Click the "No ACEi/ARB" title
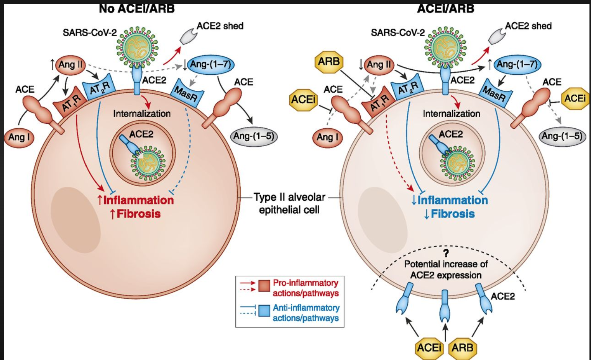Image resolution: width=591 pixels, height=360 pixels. click(136, 8)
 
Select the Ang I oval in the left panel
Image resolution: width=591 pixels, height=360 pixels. click(19, 137)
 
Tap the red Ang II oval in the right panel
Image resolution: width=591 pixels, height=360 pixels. click(379, 65)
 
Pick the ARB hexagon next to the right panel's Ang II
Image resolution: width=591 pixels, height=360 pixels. click(329, 61)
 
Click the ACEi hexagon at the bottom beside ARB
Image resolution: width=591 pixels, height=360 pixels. click(429, 347)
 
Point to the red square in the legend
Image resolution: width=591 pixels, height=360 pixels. click(264, 286)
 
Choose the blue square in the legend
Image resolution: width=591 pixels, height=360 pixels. click(264, 311)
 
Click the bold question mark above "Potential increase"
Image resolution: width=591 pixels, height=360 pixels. click(446, 253)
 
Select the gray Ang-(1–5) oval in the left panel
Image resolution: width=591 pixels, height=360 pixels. click(254, 136)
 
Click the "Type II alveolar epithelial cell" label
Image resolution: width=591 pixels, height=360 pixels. click(289, 203)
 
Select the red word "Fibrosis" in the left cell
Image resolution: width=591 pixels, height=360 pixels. click(138, 214)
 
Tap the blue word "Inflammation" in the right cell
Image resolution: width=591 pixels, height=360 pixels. click(453, 200)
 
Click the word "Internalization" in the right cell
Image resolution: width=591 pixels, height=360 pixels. click(451, 114)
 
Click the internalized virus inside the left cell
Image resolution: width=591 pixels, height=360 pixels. click(148, 163)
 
